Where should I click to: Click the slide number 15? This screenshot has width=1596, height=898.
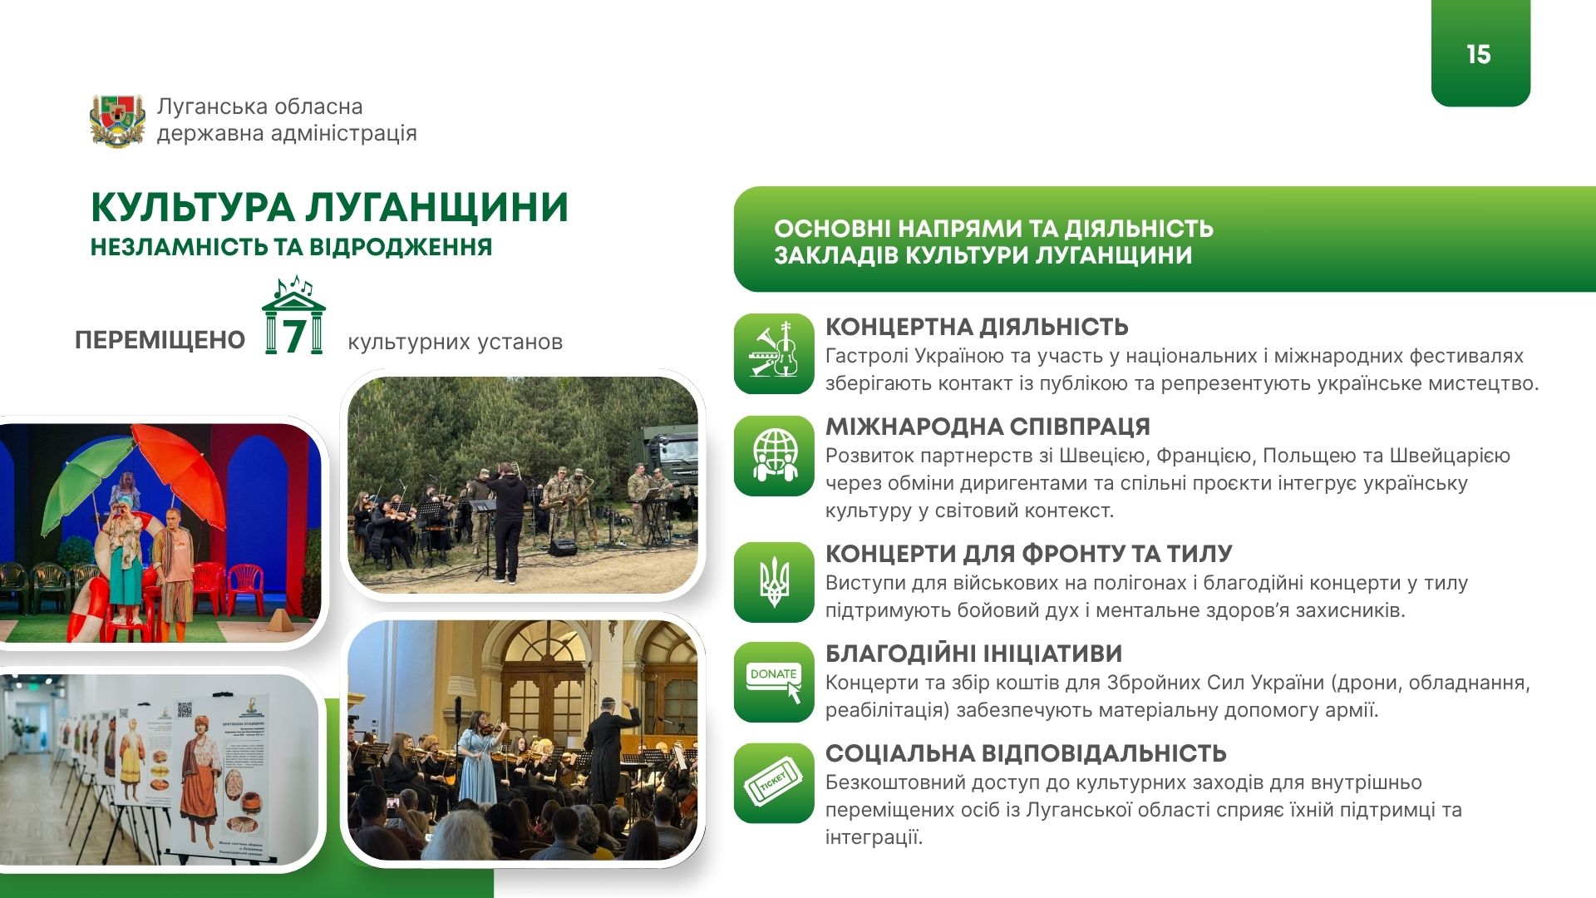tap(1479, 55)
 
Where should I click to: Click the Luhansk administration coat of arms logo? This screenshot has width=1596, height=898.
tap(117, 121)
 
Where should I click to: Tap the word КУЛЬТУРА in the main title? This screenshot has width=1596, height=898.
tap(192, 208)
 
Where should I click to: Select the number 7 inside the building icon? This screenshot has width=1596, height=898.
tap(293, 335)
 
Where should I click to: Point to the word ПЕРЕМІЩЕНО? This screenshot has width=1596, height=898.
tap(160, 340)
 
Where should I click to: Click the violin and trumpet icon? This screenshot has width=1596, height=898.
tap(774, 353)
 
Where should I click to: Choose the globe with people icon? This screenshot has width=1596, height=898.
tap(774, 456)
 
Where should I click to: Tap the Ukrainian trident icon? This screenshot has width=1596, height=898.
tap(774, 582)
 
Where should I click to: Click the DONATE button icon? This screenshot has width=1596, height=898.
tap(774, 682)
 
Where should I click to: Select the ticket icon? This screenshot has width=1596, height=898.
tap(774, 783)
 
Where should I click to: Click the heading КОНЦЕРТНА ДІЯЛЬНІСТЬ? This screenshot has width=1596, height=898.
tap(977, 326)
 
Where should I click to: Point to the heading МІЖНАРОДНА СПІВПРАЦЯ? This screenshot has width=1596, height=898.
tap(988, 427)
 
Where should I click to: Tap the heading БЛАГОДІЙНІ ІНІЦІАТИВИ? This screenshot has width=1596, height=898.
tap(973, 654)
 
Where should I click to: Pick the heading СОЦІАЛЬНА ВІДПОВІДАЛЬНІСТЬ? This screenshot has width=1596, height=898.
tap(1026, 753)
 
